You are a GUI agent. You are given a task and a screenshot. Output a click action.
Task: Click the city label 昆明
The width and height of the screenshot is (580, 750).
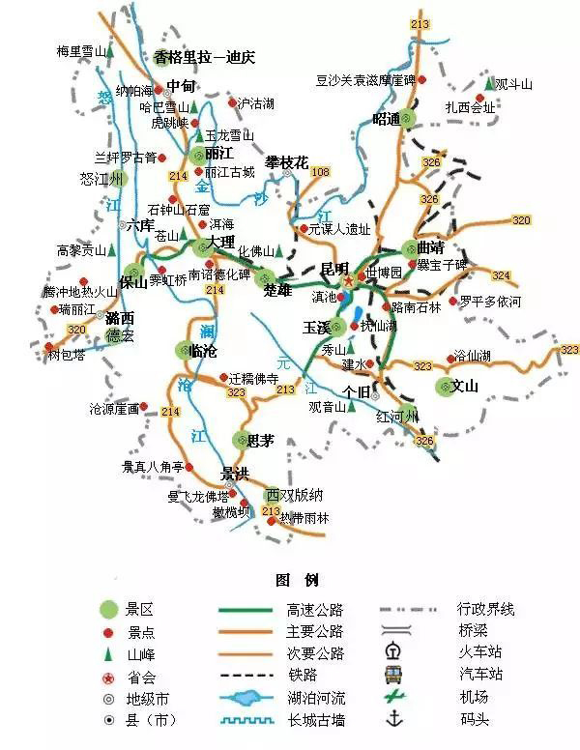coord(334,266)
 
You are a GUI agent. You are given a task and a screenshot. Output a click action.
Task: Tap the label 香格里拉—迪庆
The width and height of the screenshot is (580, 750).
coord(203,57)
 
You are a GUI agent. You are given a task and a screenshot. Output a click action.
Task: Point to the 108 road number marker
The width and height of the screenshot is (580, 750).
coord(320,172)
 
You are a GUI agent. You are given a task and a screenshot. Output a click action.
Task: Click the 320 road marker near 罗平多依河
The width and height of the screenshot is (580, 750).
coord(521,221)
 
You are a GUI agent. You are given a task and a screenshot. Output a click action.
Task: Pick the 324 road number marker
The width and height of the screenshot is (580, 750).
coord(501,275)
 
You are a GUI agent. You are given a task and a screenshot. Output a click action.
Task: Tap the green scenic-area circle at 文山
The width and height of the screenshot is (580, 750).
coord(445,388)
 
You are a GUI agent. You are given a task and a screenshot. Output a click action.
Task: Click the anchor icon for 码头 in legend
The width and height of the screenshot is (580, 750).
coord(395,720)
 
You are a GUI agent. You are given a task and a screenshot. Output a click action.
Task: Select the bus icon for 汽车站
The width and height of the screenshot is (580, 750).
coord(395,674)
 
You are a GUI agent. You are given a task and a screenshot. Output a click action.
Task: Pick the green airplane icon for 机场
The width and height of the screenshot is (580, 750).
coord(395,697)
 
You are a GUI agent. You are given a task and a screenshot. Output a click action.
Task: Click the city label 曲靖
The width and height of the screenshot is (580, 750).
coord(428,245)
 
